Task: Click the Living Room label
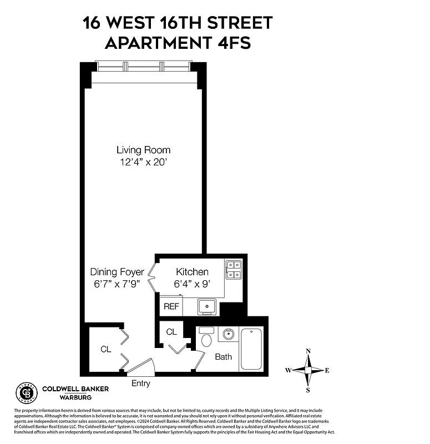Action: [143, 150]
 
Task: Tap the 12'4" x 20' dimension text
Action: [143, 163]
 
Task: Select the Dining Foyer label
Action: [117, 272]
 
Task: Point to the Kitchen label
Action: [192, 272]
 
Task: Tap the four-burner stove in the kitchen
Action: [233, 269]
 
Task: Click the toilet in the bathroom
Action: [206, 338]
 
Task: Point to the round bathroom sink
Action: [227, 334]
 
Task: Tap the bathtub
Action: [251, 349]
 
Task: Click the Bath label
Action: [223, 356]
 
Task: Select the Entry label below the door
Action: [140, 384]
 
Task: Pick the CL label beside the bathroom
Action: [171, 332]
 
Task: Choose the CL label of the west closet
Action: [105, 350]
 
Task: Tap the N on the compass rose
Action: [308, 351]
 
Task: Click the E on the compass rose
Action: [327, 370]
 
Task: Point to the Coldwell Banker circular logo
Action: [26, 393]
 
